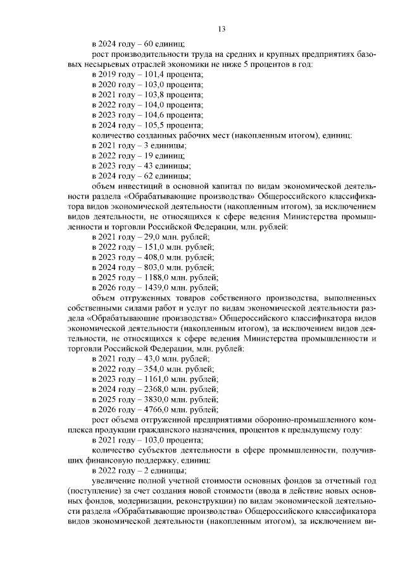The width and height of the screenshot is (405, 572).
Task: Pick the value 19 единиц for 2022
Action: (x=147, y=155)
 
